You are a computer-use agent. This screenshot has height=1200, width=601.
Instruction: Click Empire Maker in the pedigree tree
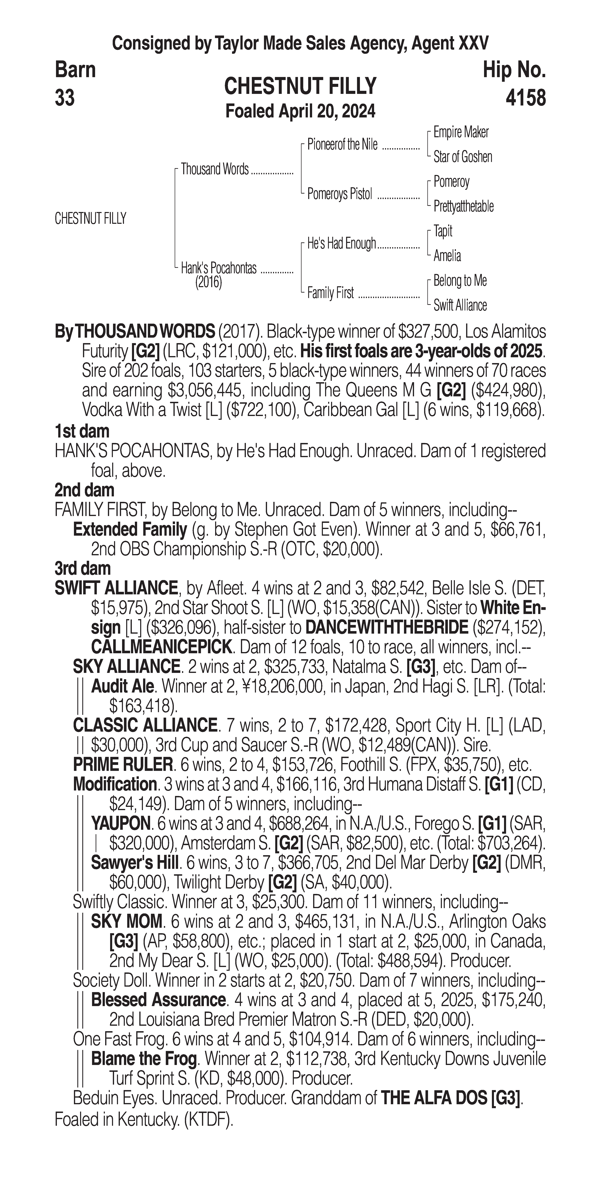click(x=461, y=132)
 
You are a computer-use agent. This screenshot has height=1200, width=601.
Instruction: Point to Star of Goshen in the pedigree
click(x=463, y=157)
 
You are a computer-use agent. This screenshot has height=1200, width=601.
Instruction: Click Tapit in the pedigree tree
click(x=443, y=231)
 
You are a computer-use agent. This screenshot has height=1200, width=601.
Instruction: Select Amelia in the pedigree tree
click(x=447, y=256)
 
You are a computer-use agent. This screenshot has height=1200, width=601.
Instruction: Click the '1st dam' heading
click(x=82, y=431)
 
